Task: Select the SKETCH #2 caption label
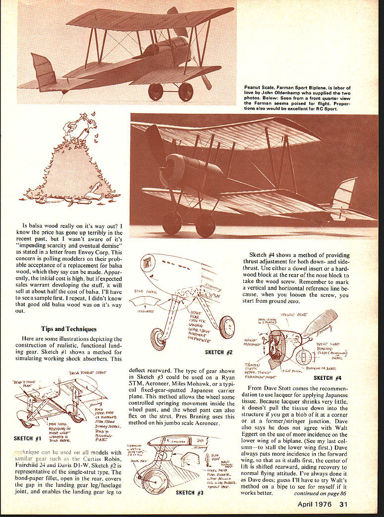click(219, 352)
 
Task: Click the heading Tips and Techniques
click(69, 329)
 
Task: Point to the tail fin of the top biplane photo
click(44, 69)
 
